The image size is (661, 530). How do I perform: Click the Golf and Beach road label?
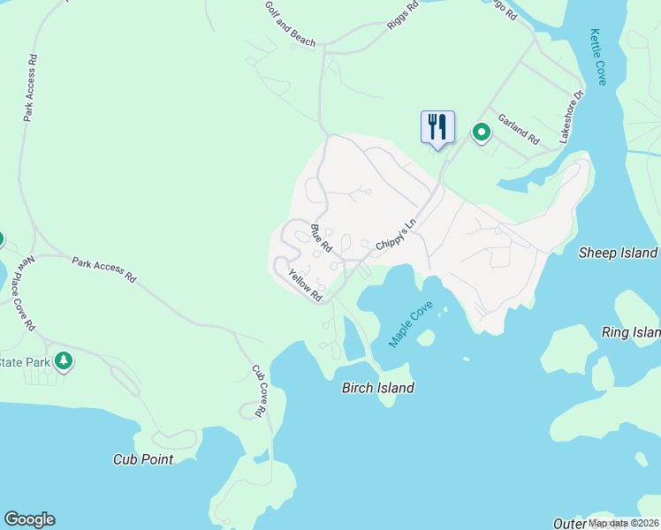(290, 23)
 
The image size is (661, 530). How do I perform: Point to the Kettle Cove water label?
(599, 57)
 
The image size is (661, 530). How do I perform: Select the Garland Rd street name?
(518, 129)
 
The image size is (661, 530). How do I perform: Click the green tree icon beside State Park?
(63, 360)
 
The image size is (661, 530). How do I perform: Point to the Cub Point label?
(143, 459)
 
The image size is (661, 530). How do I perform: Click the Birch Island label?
(378, 388)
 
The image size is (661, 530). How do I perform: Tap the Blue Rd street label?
(321, 238)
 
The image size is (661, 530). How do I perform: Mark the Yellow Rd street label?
(305, 284)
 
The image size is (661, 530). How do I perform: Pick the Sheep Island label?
(619, 253)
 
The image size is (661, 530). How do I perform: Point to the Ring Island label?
(631, 333)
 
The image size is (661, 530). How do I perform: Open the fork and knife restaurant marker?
(437, 126)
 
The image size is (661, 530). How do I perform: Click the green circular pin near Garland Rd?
(482, 132)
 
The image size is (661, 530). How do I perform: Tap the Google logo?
(29, 519)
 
